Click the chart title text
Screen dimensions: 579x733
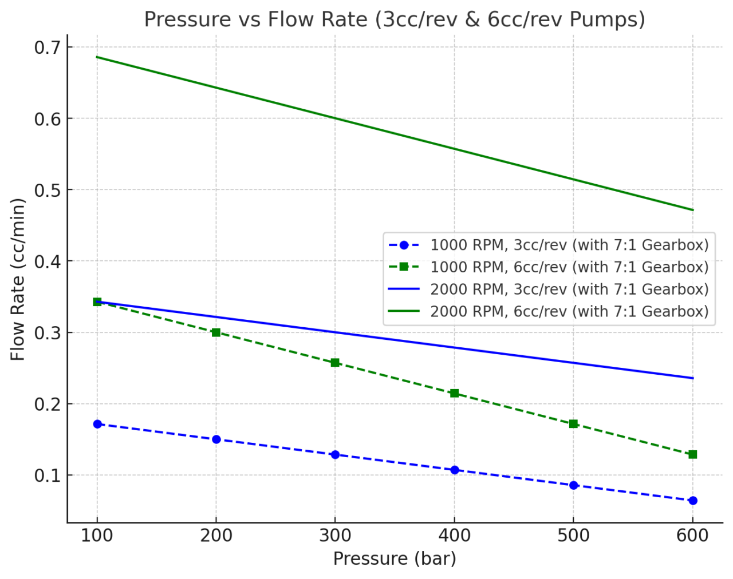[x=395, y=19]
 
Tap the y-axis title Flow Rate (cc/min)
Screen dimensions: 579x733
[x=18, y=279]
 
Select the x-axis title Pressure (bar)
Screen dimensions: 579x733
[x=395, y=558]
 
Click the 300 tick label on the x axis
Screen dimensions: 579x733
[x=335, y=536]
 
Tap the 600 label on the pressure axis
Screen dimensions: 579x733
[x=692, y=536]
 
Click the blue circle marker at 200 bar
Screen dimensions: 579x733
[x=216, y=439]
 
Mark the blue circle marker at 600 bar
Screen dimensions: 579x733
[x=693, y=501]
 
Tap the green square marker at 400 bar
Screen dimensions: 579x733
[x=455, y=393]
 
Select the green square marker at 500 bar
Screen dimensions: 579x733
[x=574, y=424]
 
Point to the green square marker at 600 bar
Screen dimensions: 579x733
[x=693, y=454]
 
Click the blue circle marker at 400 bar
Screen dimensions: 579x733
[x=455, y=470]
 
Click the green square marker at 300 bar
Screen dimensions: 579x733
[x=336, y=363]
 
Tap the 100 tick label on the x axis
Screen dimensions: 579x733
[x=97, y=536]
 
